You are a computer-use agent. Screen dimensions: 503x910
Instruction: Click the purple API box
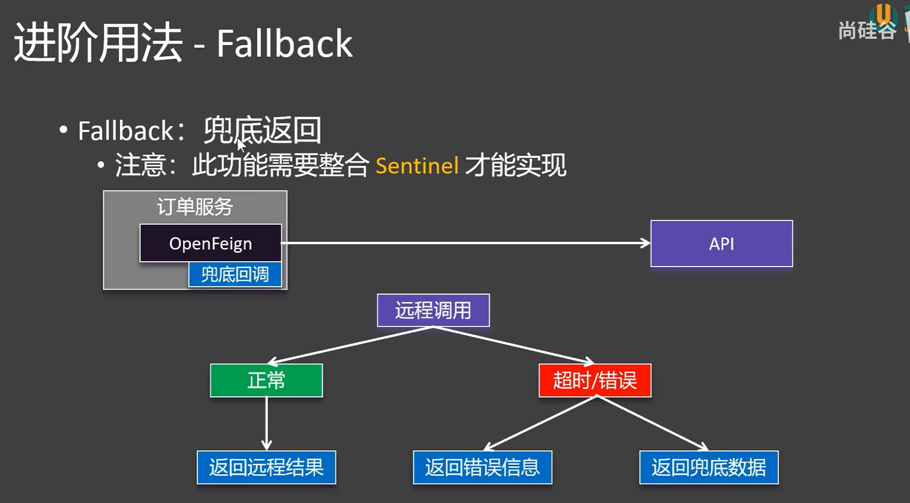[x=721, y=244]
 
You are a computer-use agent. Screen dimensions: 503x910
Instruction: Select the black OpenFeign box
[x=210, y=243]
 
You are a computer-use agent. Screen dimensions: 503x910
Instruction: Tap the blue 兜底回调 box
[x=235, y=275]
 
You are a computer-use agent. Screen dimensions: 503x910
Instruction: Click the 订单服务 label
[x=195, y=207]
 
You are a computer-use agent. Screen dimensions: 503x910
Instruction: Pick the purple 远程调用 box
[x=433, y=311]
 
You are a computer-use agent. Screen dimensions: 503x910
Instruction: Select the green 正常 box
[x=266, y=381]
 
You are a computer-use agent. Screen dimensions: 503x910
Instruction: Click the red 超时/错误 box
[x=594, y=381]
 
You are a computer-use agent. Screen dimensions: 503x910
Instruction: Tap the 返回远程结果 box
[x=266, y=468]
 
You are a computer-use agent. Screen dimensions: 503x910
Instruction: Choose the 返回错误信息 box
[x=482, y=468]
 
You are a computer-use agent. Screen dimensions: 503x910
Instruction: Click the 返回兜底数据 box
[x=709, y=468]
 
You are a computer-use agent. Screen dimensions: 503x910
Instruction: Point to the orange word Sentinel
[x=417, y=166]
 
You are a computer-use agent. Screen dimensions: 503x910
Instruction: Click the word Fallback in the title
[x=284, y=44]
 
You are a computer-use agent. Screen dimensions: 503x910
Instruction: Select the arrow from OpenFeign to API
[x=466, y=243]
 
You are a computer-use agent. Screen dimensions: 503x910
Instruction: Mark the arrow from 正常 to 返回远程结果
[x=266, y=424]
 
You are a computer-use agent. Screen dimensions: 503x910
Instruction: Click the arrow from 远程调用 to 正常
[x=349, y=344]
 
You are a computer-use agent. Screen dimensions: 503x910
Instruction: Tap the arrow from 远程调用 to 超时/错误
[x=514, y=344]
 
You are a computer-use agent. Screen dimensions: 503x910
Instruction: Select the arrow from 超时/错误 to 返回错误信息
[x=540, y=423]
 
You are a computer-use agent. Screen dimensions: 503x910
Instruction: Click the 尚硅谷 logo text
[x=867, y=31]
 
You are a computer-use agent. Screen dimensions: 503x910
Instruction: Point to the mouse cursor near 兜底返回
[x=241, y=145]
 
